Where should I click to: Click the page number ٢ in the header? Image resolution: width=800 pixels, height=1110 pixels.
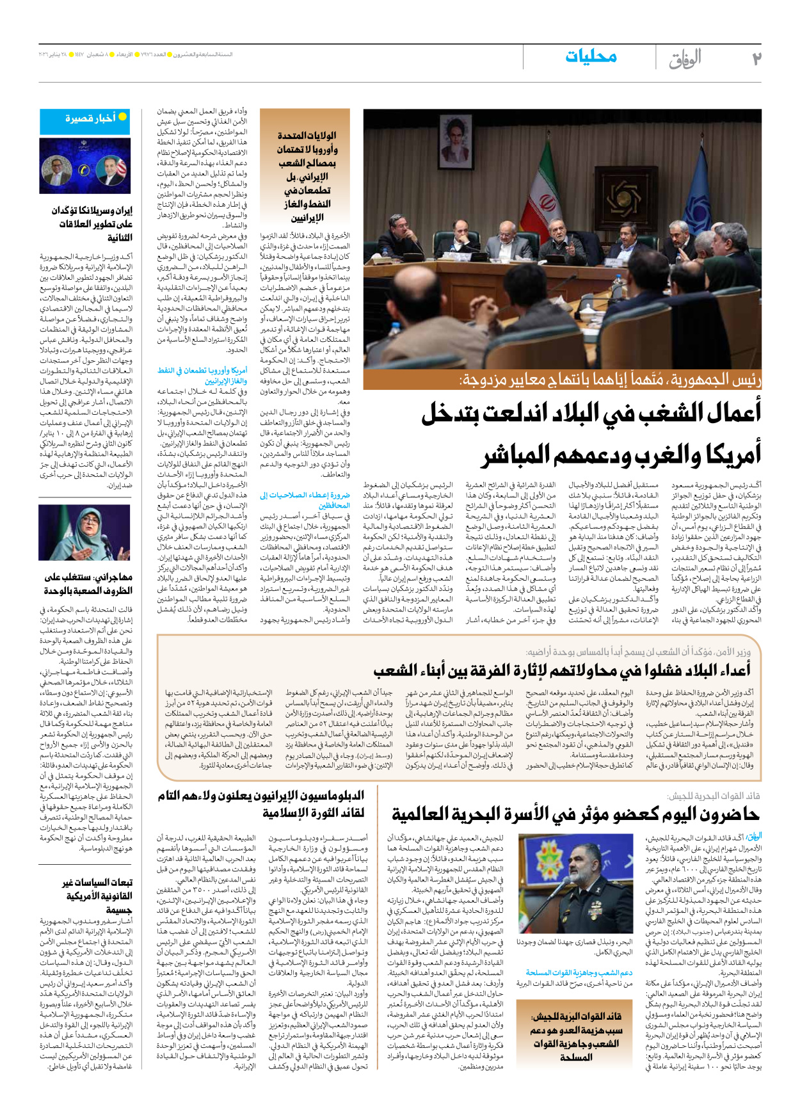[756, 58]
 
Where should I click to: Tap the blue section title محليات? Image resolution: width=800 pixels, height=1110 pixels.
[591, 57]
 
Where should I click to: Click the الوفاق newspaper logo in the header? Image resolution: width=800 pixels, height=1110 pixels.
[685, 59]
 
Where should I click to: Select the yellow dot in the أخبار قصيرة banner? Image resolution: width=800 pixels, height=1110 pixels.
[122, 117]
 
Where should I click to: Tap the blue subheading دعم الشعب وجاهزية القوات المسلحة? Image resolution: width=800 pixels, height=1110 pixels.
[579, 972]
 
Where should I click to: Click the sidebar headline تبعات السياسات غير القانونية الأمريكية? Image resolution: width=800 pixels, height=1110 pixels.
[97, 896]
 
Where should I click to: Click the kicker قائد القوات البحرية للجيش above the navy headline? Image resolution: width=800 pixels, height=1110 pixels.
[714, 796]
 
